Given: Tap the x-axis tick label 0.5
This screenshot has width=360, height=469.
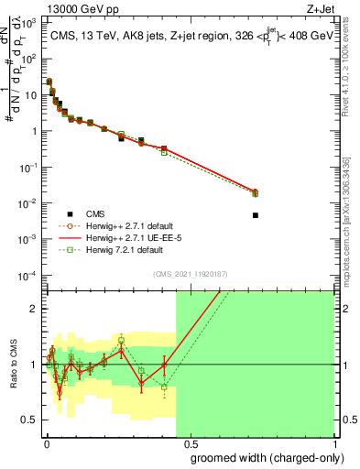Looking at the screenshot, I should tap(190, 442).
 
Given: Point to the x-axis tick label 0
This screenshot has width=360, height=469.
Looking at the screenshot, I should tap(47, 442).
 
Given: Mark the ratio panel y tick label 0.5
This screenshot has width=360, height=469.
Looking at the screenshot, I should tap(30, 420).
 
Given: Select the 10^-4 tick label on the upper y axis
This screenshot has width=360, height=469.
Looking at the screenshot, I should tap(28, 276).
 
